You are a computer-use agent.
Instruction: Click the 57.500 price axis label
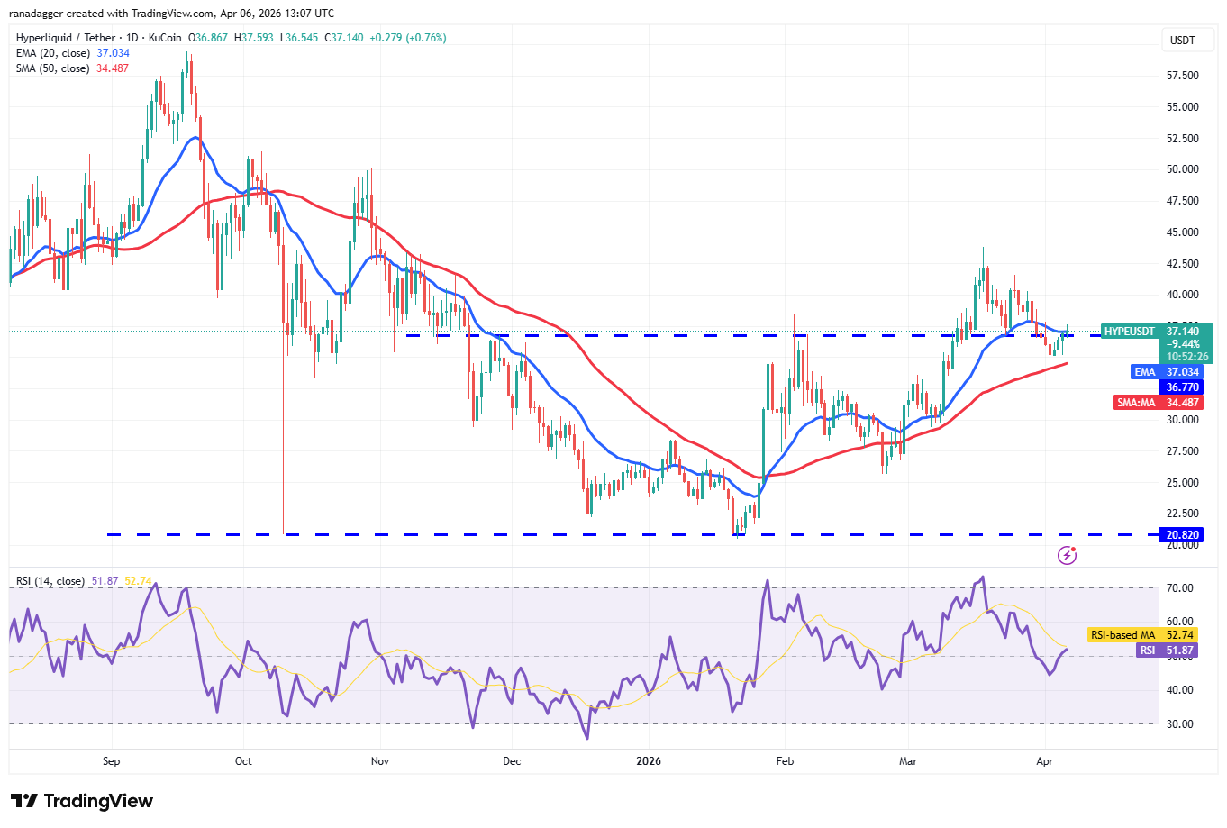(1182, 76)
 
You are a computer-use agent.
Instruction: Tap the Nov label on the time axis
(380, 761)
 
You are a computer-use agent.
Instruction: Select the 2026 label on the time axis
(648, 761)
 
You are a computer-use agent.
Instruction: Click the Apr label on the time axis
(1044, 761)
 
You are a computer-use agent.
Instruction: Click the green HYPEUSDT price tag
(1129, 332)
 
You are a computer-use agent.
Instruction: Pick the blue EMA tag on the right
(1144, 372)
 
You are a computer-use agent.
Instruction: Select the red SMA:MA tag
(1136, 403)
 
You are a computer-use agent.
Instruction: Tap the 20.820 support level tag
(1182, 535)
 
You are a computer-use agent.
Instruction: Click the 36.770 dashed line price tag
(1182, 387)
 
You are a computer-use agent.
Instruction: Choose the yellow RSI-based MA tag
(1122, 635)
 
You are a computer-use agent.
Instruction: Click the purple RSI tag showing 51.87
(1147, 651)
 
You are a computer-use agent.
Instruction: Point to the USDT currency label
(1182, 41)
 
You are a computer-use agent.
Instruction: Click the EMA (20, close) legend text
(53, 53)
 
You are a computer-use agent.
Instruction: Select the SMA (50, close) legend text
(53, 68)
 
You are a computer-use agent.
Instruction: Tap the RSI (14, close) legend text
(50, 581)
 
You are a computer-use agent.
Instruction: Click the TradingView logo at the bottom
(82, 801)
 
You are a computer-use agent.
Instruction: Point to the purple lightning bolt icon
(1067, 555)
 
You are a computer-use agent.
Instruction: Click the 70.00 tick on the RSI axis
(1179, 588)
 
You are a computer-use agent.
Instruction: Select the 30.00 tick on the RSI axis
(1179, 724)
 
